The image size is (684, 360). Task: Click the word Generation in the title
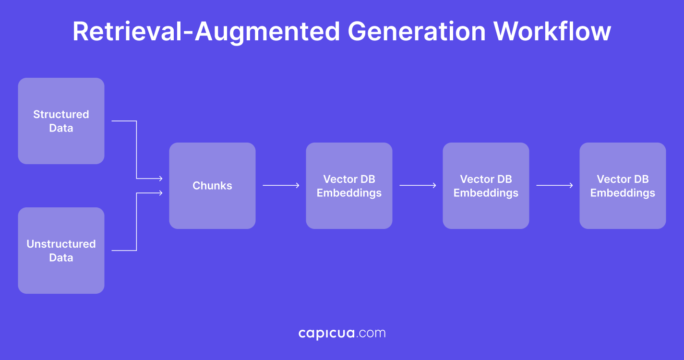click(416, 32)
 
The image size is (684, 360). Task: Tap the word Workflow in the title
click(552, 32)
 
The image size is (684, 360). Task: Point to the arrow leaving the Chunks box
click(281, 185)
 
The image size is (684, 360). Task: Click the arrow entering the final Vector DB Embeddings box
click(554, 185)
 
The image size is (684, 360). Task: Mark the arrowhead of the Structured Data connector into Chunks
click(160, 179)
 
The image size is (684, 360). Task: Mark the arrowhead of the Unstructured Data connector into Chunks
click(160, 193)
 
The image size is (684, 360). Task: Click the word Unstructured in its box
click(61, 244)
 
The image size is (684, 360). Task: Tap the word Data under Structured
click(61, 128)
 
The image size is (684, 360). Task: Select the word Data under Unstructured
click(61, 258)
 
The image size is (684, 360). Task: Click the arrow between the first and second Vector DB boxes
click(418, 185)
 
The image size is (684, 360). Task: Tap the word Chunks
click(212, 186)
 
